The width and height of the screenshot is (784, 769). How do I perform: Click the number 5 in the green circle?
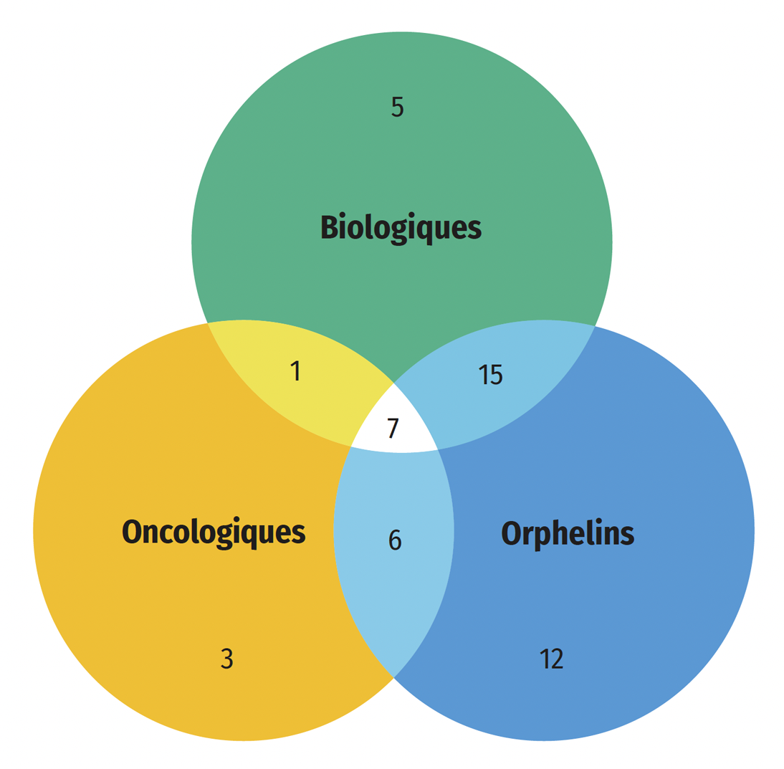(x=398, y=107)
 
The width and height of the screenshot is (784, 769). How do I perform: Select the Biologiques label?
(x=401, y=229)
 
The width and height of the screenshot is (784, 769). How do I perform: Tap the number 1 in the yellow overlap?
(x=295, y=371)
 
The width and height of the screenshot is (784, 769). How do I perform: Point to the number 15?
(x=490, y=375)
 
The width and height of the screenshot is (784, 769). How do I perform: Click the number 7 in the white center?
(x=393, y=429)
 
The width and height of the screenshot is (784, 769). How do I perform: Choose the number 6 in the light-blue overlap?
(x=395, y=540)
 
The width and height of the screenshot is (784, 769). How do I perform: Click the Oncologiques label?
(x=214, y=532)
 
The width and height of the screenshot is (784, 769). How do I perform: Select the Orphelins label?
(x=568, y=534)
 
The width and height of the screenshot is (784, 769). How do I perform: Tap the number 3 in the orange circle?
(x=227, y=659)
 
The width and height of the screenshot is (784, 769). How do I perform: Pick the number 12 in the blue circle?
(x=552, y=659)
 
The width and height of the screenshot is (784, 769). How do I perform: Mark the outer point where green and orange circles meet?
(x=208, y=323)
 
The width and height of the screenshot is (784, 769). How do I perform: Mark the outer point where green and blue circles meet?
(x=595, y=325)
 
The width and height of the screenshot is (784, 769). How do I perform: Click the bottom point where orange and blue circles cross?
(x=394, y=677)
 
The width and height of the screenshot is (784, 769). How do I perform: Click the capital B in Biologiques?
(x=330, y=227)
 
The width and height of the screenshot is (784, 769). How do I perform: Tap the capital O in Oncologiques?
(x=133, y=531)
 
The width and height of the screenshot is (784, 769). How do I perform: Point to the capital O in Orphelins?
(x=512, y=532)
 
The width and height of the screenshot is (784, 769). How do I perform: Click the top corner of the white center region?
(x=394, y=383)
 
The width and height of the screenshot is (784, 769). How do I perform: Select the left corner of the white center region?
(x=350, y=446)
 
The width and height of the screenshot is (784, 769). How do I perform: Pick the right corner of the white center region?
(x=438, y=449)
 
